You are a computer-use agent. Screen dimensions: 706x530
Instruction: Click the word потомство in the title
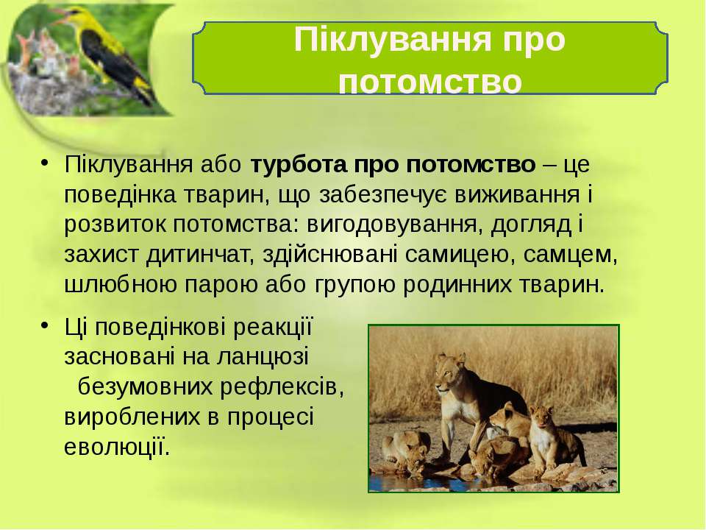coord(430,82)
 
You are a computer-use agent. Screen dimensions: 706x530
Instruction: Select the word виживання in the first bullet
coord(517,194)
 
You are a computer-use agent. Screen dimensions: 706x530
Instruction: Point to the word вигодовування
coord(392,225)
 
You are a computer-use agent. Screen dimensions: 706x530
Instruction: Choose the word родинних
coord(457,285)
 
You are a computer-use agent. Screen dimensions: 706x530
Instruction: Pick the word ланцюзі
coord(263,357)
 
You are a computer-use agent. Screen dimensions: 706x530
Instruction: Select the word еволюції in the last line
coord(117,446)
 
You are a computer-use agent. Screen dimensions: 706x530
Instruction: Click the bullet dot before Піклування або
coord(43,163)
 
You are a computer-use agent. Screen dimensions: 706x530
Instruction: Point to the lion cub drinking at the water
coord(406,451)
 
